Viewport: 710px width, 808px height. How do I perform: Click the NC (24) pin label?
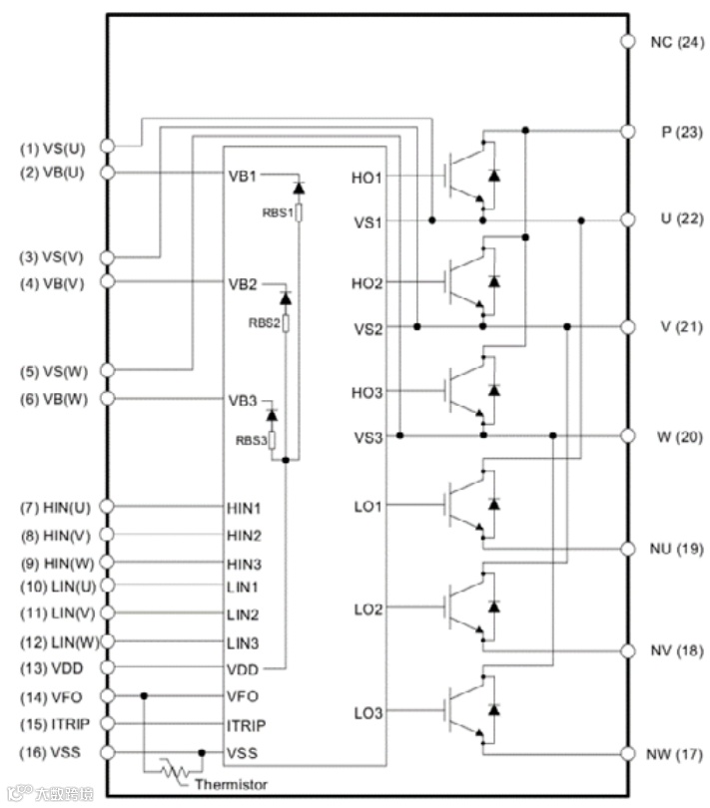677,42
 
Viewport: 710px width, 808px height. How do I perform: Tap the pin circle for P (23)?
628,131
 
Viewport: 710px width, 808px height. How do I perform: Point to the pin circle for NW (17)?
628,752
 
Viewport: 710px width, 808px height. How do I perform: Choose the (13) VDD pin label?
52,667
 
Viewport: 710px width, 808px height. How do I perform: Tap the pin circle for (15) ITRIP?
108,723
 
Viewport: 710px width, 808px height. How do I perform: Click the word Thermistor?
231,784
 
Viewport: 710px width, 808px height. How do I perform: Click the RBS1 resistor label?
276,211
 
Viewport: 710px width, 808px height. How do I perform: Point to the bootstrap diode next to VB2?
286,298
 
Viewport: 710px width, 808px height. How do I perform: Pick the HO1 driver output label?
366,177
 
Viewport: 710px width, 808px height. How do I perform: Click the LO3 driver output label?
367,711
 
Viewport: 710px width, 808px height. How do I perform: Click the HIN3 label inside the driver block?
244,563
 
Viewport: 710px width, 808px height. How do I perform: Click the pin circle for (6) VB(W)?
108,399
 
